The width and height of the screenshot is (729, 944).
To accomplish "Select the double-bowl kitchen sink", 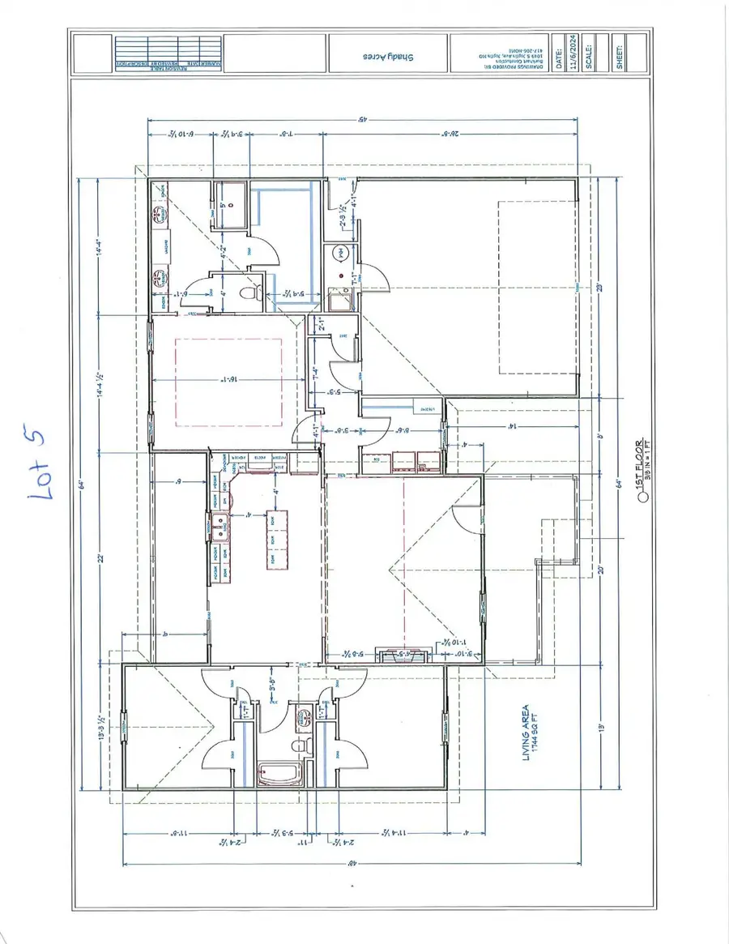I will click(219, 528).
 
